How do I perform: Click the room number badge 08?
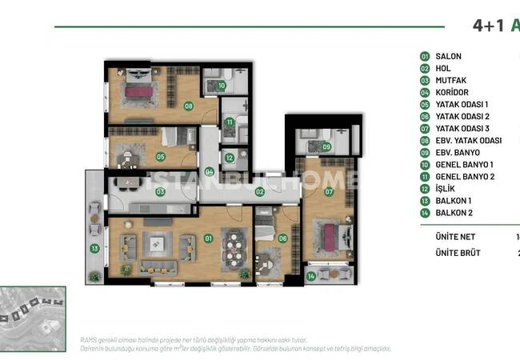pos(189,106)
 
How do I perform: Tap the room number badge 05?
pos(161,157)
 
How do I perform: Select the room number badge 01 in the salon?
pos(209,238)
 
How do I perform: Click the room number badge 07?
pos(328,192)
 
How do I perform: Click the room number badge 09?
pos(326,146)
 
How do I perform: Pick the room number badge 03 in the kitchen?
pos(161,192)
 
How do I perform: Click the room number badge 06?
pos(282,238)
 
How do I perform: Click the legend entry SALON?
pos(448,57)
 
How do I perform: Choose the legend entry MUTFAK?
pos(450,81)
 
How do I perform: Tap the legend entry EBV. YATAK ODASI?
pos(468,141)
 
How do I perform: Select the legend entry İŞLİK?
pos(446,189)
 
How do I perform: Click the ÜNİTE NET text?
pos(454,237)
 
